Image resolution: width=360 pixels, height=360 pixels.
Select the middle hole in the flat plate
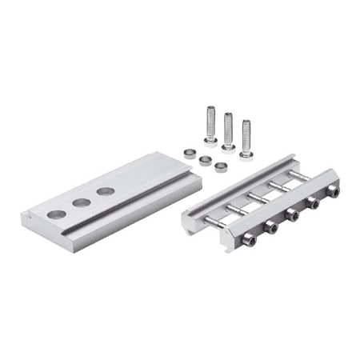(x=82, y=202)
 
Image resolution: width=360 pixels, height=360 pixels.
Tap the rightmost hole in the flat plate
(x=106, y=191)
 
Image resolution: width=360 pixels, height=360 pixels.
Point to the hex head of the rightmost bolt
(x=246, y=154)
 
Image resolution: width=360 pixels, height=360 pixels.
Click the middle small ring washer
(x=204, y=160)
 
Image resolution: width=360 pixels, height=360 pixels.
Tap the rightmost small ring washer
(x=221, y=167)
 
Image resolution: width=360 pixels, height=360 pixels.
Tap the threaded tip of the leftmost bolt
(x=210, y=110)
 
